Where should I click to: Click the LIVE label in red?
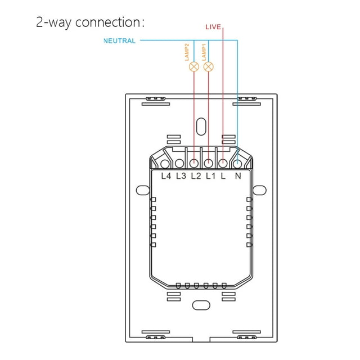[x=213, y=27]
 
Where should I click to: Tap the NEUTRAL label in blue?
[x=120, y=41]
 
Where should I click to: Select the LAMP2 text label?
[x=187, y=52]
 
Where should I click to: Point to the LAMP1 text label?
[x=204, y=52]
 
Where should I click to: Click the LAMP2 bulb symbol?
[x=194, y=67]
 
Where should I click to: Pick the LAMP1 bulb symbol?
[x=209, y=67]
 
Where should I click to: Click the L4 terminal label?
[x=166, y=176]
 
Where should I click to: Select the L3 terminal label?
[x=181, y=176]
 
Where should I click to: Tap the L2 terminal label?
[x=196, y=176]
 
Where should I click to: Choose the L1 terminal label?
[x=211, y=176]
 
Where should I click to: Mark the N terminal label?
[x=238, y=176]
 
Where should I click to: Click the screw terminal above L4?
[x=165, y=164]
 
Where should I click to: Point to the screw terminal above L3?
[x=179, y=164]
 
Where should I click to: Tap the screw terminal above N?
[x=237, y=164]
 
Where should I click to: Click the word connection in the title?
[x=110, y=22]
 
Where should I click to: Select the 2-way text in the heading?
[x=54, y=23]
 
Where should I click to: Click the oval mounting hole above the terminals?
[x=201, y=127]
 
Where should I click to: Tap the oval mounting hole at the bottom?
[x=201, y=305]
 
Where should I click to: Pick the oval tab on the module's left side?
[x=143, y=190]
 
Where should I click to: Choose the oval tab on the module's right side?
[x=260, y=190]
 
